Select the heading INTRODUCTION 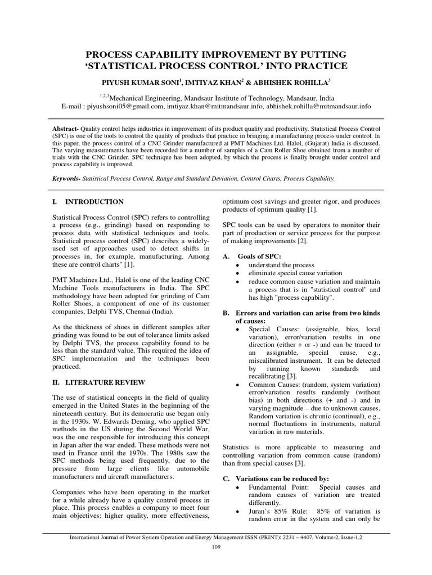(94, 202)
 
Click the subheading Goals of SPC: (258, 256)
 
